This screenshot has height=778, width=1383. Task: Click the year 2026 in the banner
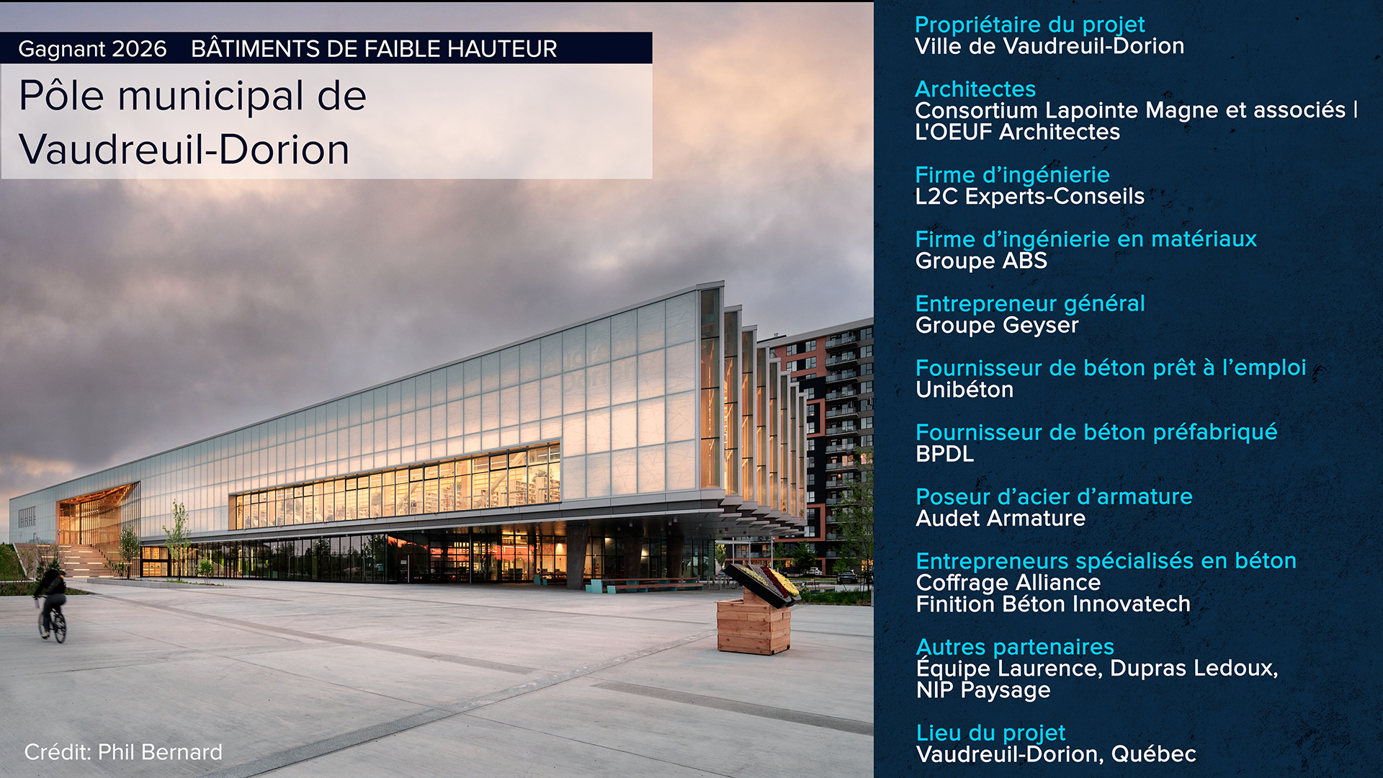tap(140, 49)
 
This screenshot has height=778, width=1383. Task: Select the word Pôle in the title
tap(62, 96)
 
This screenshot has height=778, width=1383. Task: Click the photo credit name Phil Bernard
tap(160, 752)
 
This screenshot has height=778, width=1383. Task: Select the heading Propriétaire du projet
tap(1029, 25)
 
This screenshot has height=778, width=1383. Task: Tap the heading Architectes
tap(975, 89)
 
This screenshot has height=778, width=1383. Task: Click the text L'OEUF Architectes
tap(1017, 133)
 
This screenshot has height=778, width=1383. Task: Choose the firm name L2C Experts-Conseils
tap(1029, 197)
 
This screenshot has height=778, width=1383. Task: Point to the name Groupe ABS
tap(981, 261)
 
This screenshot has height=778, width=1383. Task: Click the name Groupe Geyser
tap(997, 326)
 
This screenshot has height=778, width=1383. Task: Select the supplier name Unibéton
tap(964, 390)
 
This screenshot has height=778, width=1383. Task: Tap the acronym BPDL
tap(945, 455)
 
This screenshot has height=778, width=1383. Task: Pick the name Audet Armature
tap(1001, 519)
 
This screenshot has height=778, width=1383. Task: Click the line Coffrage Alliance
tap(1008, 583)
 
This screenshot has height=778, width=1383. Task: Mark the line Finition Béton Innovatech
tap(1053, 604)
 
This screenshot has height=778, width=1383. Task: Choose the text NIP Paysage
tap(983, 691)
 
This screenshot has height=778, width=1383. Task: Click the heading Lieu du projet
tap(990, 733)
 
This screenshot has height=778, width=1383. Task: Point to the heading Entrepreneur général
tap(1030, 304)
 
